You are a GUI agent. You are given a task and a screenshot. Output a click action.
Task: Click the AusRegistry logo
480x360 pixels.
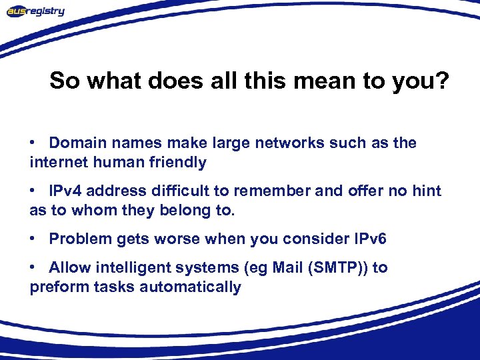coord(36,11)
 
